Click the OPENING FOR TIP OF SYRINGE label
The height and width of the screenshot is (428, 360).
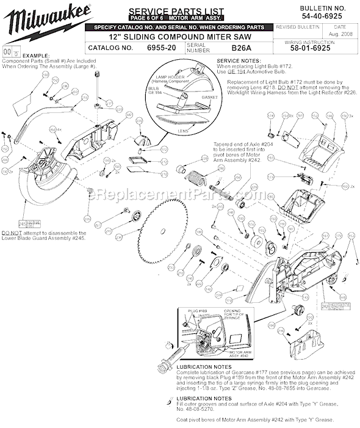tap(230, 313)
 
